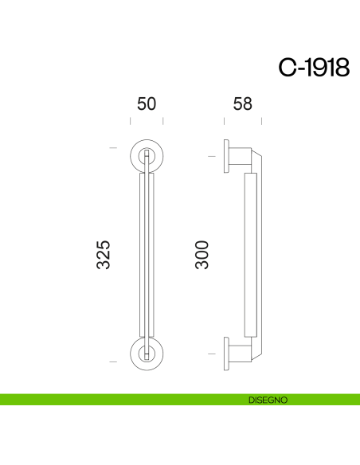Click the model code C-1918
(x=313, y=68)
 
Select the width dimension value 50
(x=147, y=104)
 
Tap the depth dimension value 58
(x=244, y=104)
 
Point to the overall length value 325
(x=104, y=254)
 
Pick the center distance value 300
(x=202, y=254)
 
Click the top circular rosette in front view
(x=147, y=154)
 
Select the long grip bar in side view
(x=248, y=255)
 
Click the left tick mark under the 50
(x=131, y=122)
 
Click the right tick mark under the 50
(x=163, y=122)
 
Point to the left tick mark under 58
(x=225, y=122)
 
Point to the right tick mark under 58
(x=262, y=122)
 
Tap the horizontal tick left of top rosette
(x=113, y=147)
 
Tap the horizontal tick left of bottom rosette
(x=113, y=362)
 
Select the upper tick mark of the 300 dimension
(x=211, y=156)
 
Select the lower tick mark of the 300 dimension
(x=211, y=353)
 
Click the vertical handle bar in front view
(x=147, y=255)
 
